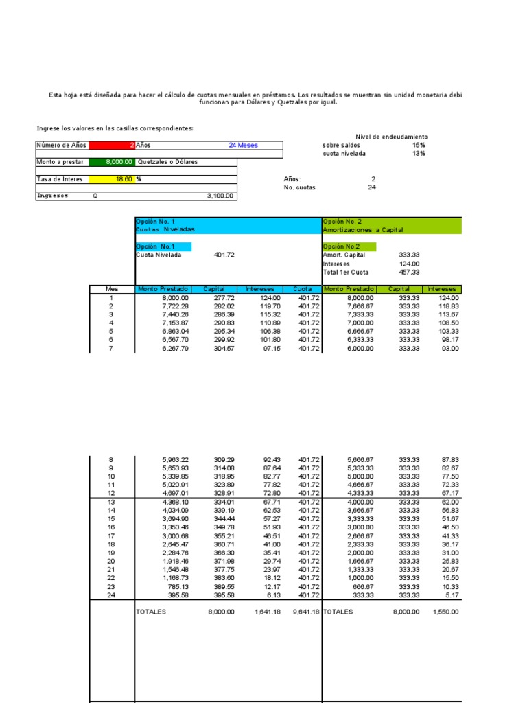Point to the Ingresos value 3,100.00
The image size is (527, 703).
(220, 196)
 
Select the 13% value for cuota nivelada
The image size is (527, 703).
(419, 154)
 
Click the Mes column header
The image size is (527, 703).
(112, 290)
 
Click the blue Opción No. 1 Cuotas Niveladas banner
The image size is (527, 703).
(229, 226)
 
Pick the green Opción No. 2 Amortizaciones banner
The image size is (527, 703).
(392, 226)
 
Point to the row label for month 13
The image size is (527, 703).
(112, 501)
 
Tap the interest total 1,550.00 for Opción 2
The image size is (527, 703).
(445, 612)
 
